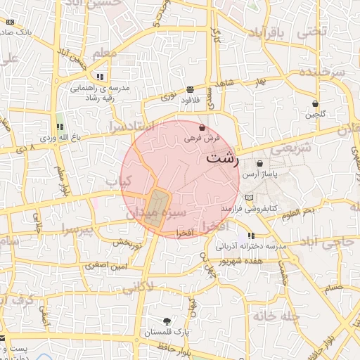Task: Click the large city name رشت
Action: (223, 158)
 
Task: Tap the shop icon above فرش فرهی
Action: (202, 129)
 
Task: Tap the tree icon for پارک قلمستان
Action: (167, 321)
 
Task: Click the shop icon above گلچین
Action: (314, 103)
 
